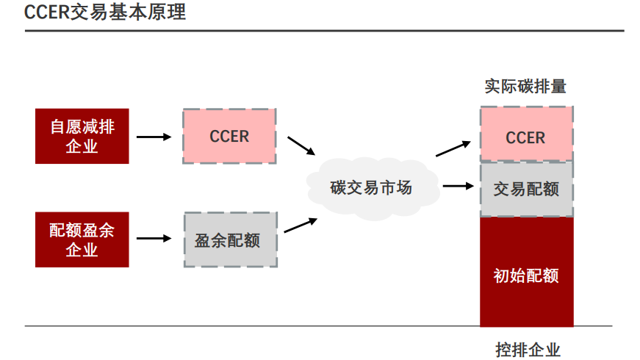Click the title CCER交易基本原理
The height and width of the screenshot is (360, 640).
coord(105,12)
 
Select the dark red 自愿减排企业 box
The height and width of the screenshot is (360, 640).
coord(82,136)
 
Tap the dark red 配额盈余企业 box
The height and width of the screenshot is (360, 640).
coord(82,240)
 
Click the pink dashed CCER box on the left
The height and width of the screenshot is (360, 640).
coord(229,136)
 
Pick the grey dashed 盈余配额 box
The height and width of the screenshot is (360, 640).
coord(230,240)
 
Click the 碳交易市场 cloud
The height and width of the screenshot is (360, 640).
coord(372,187)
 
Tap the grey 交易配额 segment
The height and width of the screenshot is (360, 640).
coord(526,189)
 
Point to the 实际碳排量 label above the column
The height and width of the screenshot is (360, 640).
coord(525,86)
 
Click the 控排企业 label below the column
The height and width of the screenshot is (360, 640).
coord(527,349)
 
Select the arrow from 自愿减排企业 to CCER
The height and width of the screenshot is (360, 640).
coord(154,136)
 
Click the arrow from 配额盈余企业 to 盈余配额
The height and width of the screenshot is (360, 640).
coord(154,238)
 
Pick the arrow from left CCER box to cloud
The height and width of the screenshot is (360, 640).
coord(301,145)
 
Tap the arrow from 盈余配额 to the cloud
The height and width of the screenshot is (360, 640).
coord(301,225)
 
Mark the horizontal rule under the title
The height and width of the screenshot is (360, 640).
coord(323,31)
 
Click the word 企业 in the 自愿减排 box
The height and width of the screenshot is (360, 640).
coord(82,146)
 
